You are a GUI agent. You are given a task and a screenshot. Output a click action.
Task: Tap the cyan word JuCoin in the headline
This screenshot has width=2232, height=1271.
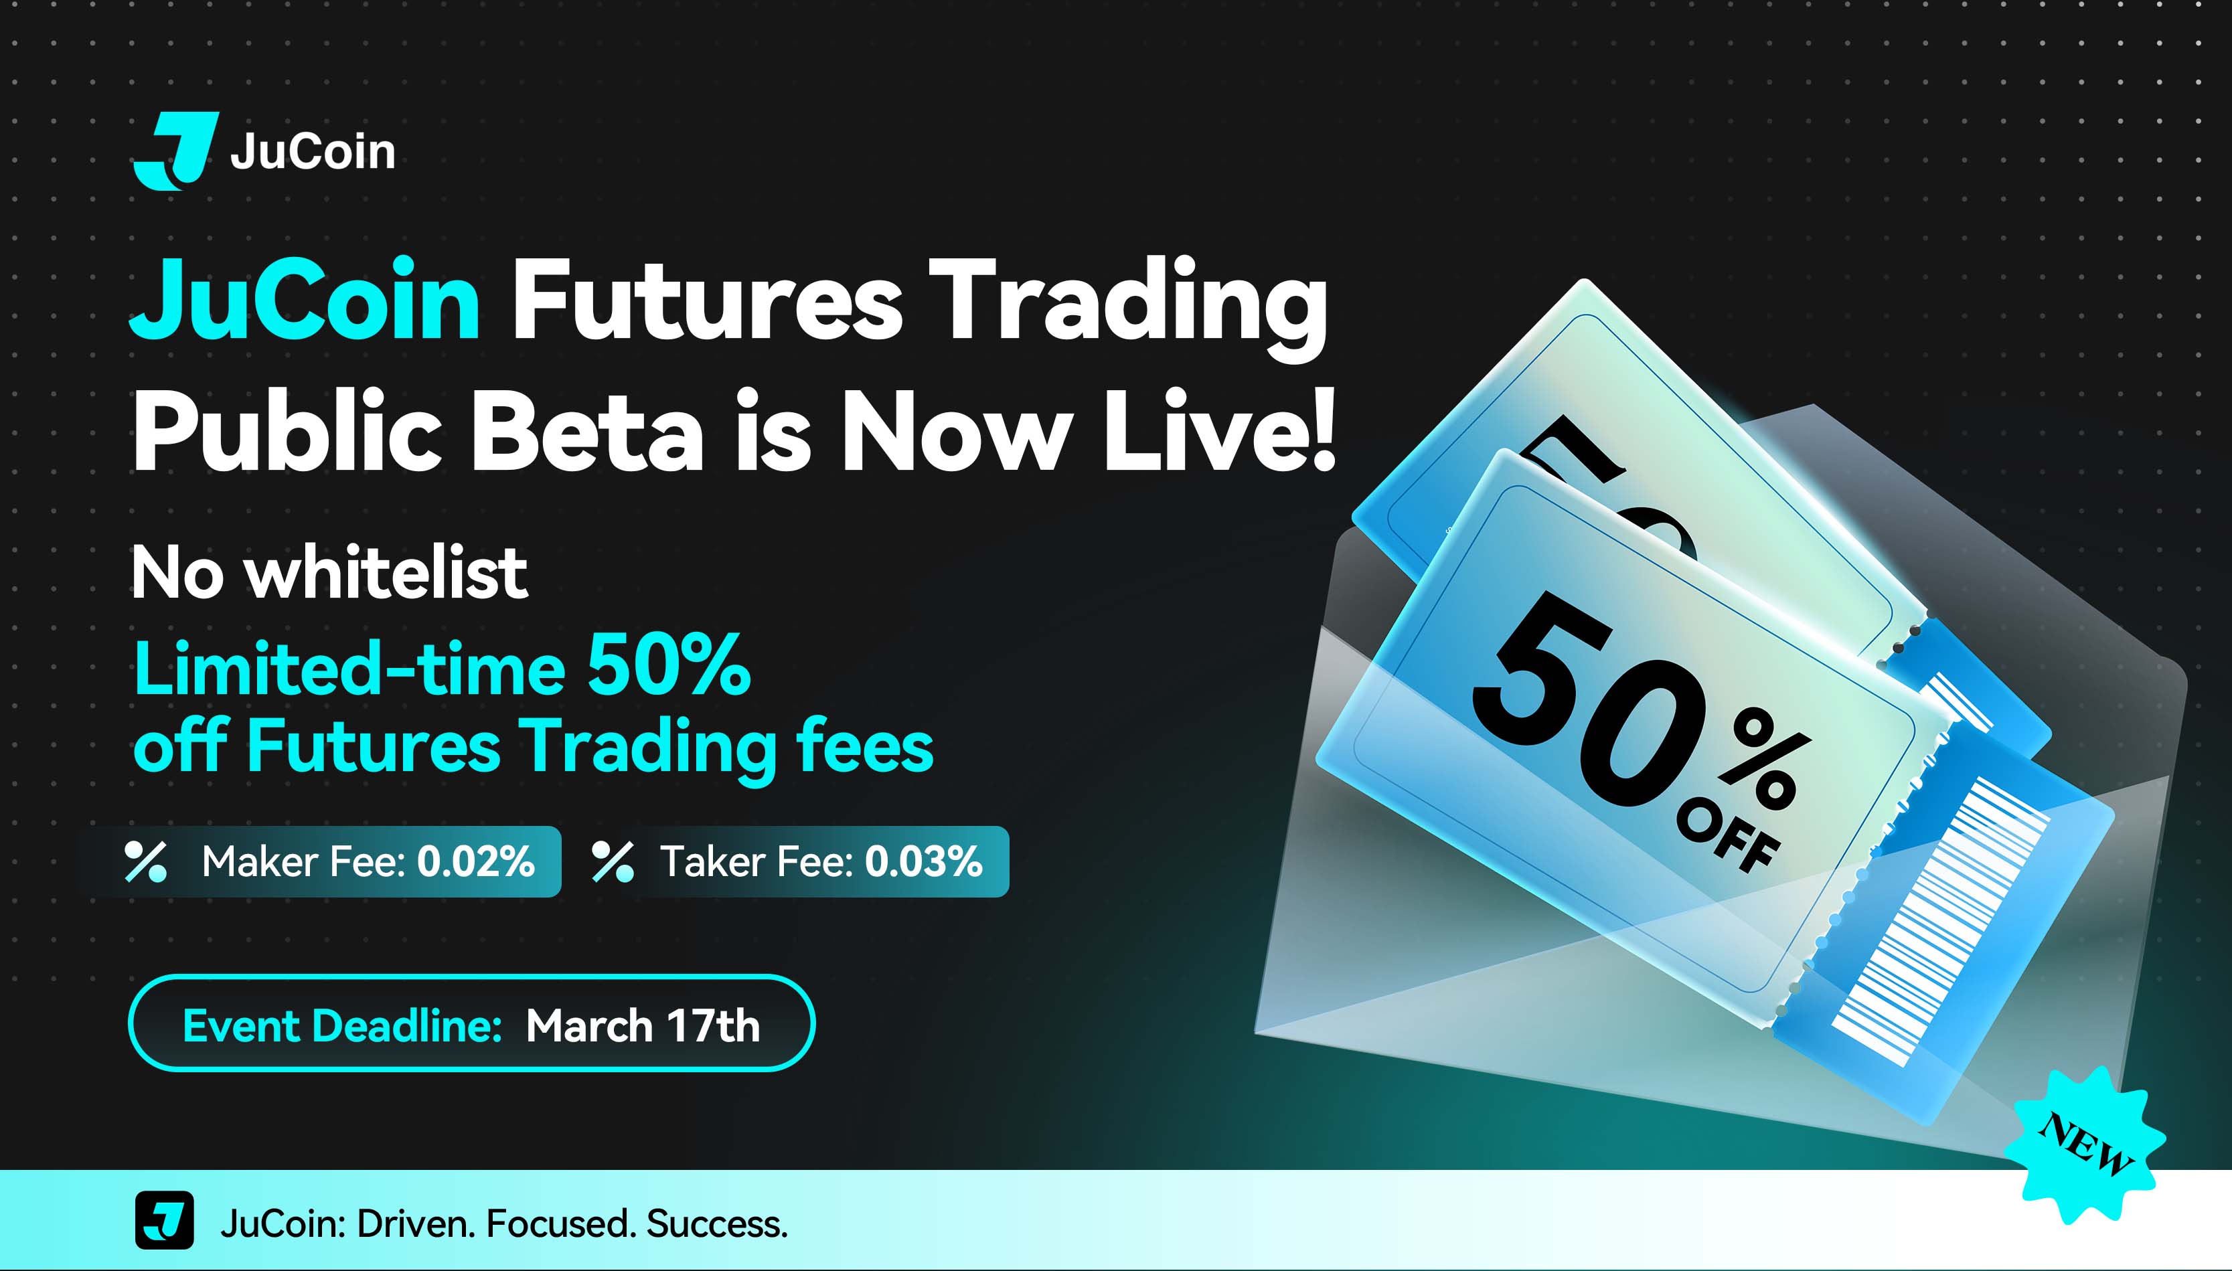(305, 299)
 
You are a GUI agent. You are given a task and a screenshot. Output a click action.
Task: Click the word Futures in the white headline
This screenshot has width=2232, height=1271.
(706, 299)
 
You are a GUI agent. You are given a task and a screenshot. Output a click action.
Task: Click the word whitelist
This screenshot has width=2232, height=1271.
(385, 573)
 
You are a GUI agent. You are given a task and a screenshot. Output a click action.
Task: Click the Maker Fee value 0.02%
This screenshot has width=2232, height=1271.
(476, 861)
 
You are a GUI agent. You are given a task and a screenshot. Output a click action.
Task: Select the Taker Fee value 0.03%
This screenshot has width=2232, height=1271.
(923, 861)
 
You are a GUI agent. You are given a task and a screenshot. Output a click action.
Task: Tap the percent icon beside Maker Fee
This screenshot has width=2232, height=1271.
(145, 861)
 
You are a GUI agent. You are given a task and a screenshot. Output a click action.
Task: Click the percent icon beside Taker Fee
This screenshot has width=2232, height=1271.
(613, 861)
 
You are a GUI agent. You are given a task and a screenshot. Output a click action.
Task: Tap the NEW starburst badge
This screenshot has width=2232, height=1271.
(2085, 1144)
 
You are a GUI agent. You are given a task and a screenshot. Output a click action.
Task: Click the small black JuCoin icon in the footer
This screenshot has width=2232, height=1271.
(164, 1220)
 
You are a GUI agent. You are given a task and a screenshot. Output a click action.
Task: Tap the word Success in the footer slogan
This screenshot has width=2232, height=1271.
(716, 1224)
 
